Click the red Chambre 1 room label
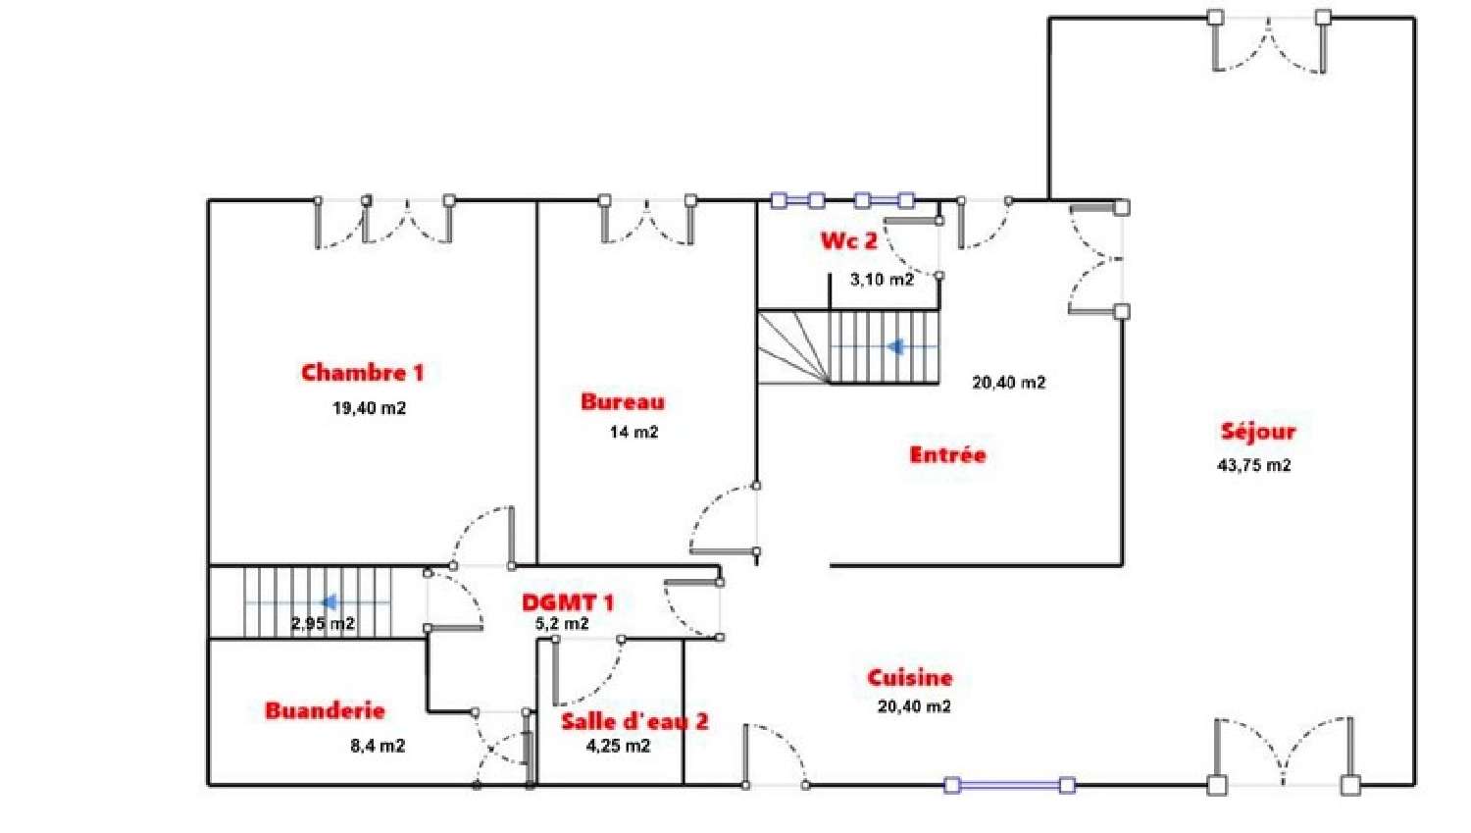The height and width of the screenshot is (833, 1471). tap(363, 373)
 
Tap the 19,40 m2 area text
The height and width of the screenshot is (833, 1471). tap(369, 408)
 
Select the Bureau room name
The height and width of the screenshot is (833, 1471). tap(623, 401)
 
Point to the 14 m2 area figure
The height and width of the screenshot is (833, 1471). tap(634, 432)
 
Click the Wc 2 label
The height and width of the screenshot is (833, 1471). tap(848, 240)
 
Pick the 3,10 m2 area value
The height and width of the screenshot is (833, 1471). tap(882, 280)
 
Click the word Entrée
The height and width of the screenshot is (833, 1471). tap(947, 454)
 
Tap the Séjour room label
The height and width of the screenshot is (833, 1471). tap(1258, 431)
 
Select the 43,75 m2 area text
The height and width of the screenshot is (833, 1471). tap(1254, 465)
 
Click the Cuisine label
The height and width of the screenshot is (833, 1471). tap(909, 677)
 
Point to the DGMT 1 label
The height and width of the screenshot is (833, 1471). tap(568, 602)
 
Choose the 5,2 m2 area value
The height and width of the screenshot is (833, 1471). tap(562, 623)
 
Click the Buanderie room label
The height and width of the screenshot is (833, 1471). tap(325, 710)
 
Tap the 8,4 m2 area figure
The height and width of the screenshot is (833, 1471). tap(378, 746)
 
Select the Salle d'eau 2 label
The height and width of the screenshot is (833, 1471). tap(634, 721)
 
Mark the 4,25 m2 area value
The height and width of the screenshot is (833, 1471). tap(618, 746)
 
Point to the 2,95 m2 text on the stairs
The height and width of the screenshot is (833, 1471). tap(323, 623)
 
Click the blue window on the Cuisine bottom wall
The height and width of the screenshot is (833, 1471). tap(1010, 784)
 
